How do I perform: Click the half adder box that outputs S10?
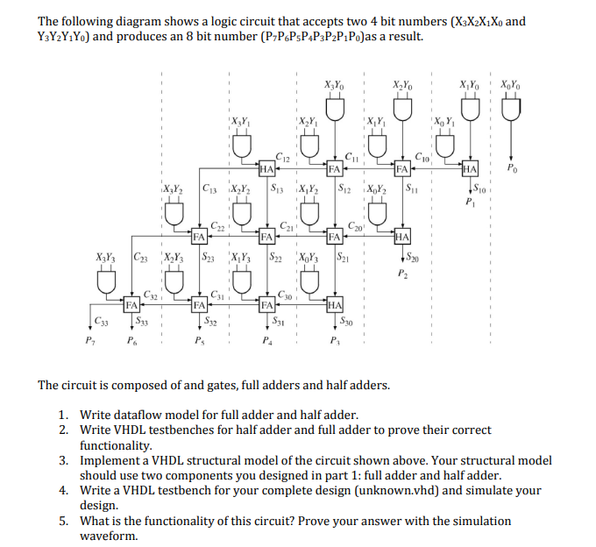(470, 168)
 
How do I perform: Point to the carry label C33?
(102, 321)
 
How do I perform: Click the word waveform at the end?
(109, 536)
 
